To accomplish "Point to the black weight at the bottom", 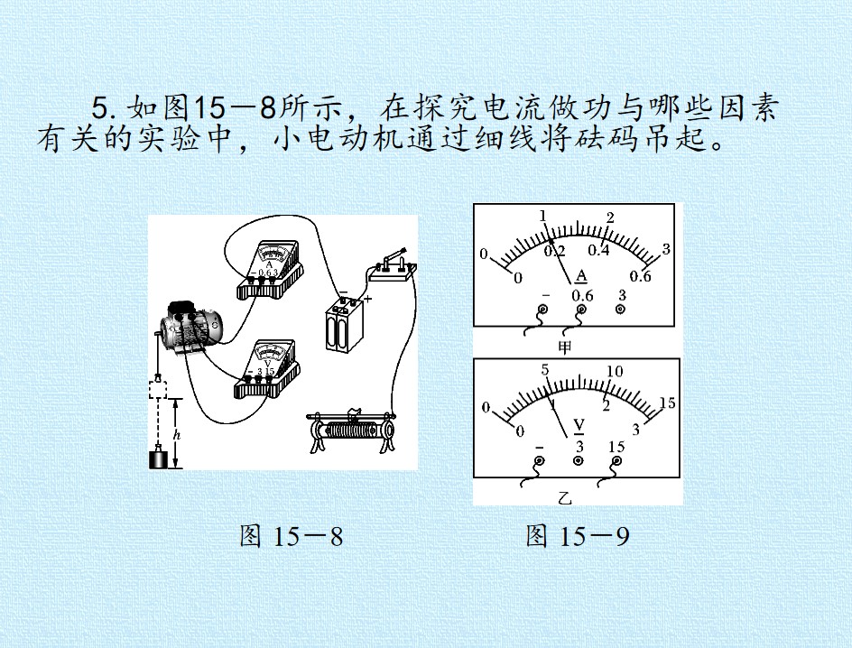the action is click(159, 457).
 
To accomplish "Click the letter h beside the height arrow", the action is click(176, 435).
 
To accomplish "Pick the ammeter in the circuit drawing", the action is click(270, 270).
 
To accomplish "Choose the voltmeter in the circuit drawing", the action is click(266, 370).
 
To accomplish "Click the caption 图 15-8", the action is click(292, 536).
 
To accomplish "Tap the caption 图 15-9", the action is click(578, 536).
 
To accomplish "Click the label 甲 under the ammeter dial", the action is click(565, 347).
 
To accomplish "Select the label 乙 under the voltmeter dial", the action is click(565, 497).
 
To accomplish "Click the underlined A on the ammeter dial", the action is click(581, 276).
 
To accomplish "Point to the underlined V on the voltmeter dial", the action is click(579, 426).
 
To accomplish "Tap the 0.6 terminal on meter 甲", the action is click(581, 310).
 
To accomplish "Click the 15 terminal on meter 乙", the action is click(616, 461).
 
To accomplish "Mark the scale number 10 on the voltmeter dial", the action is click(615, 372).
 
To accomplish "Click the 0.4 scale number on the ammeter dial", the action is click(598, 250).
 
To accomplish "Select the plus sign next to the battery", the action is click(368, 298).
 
